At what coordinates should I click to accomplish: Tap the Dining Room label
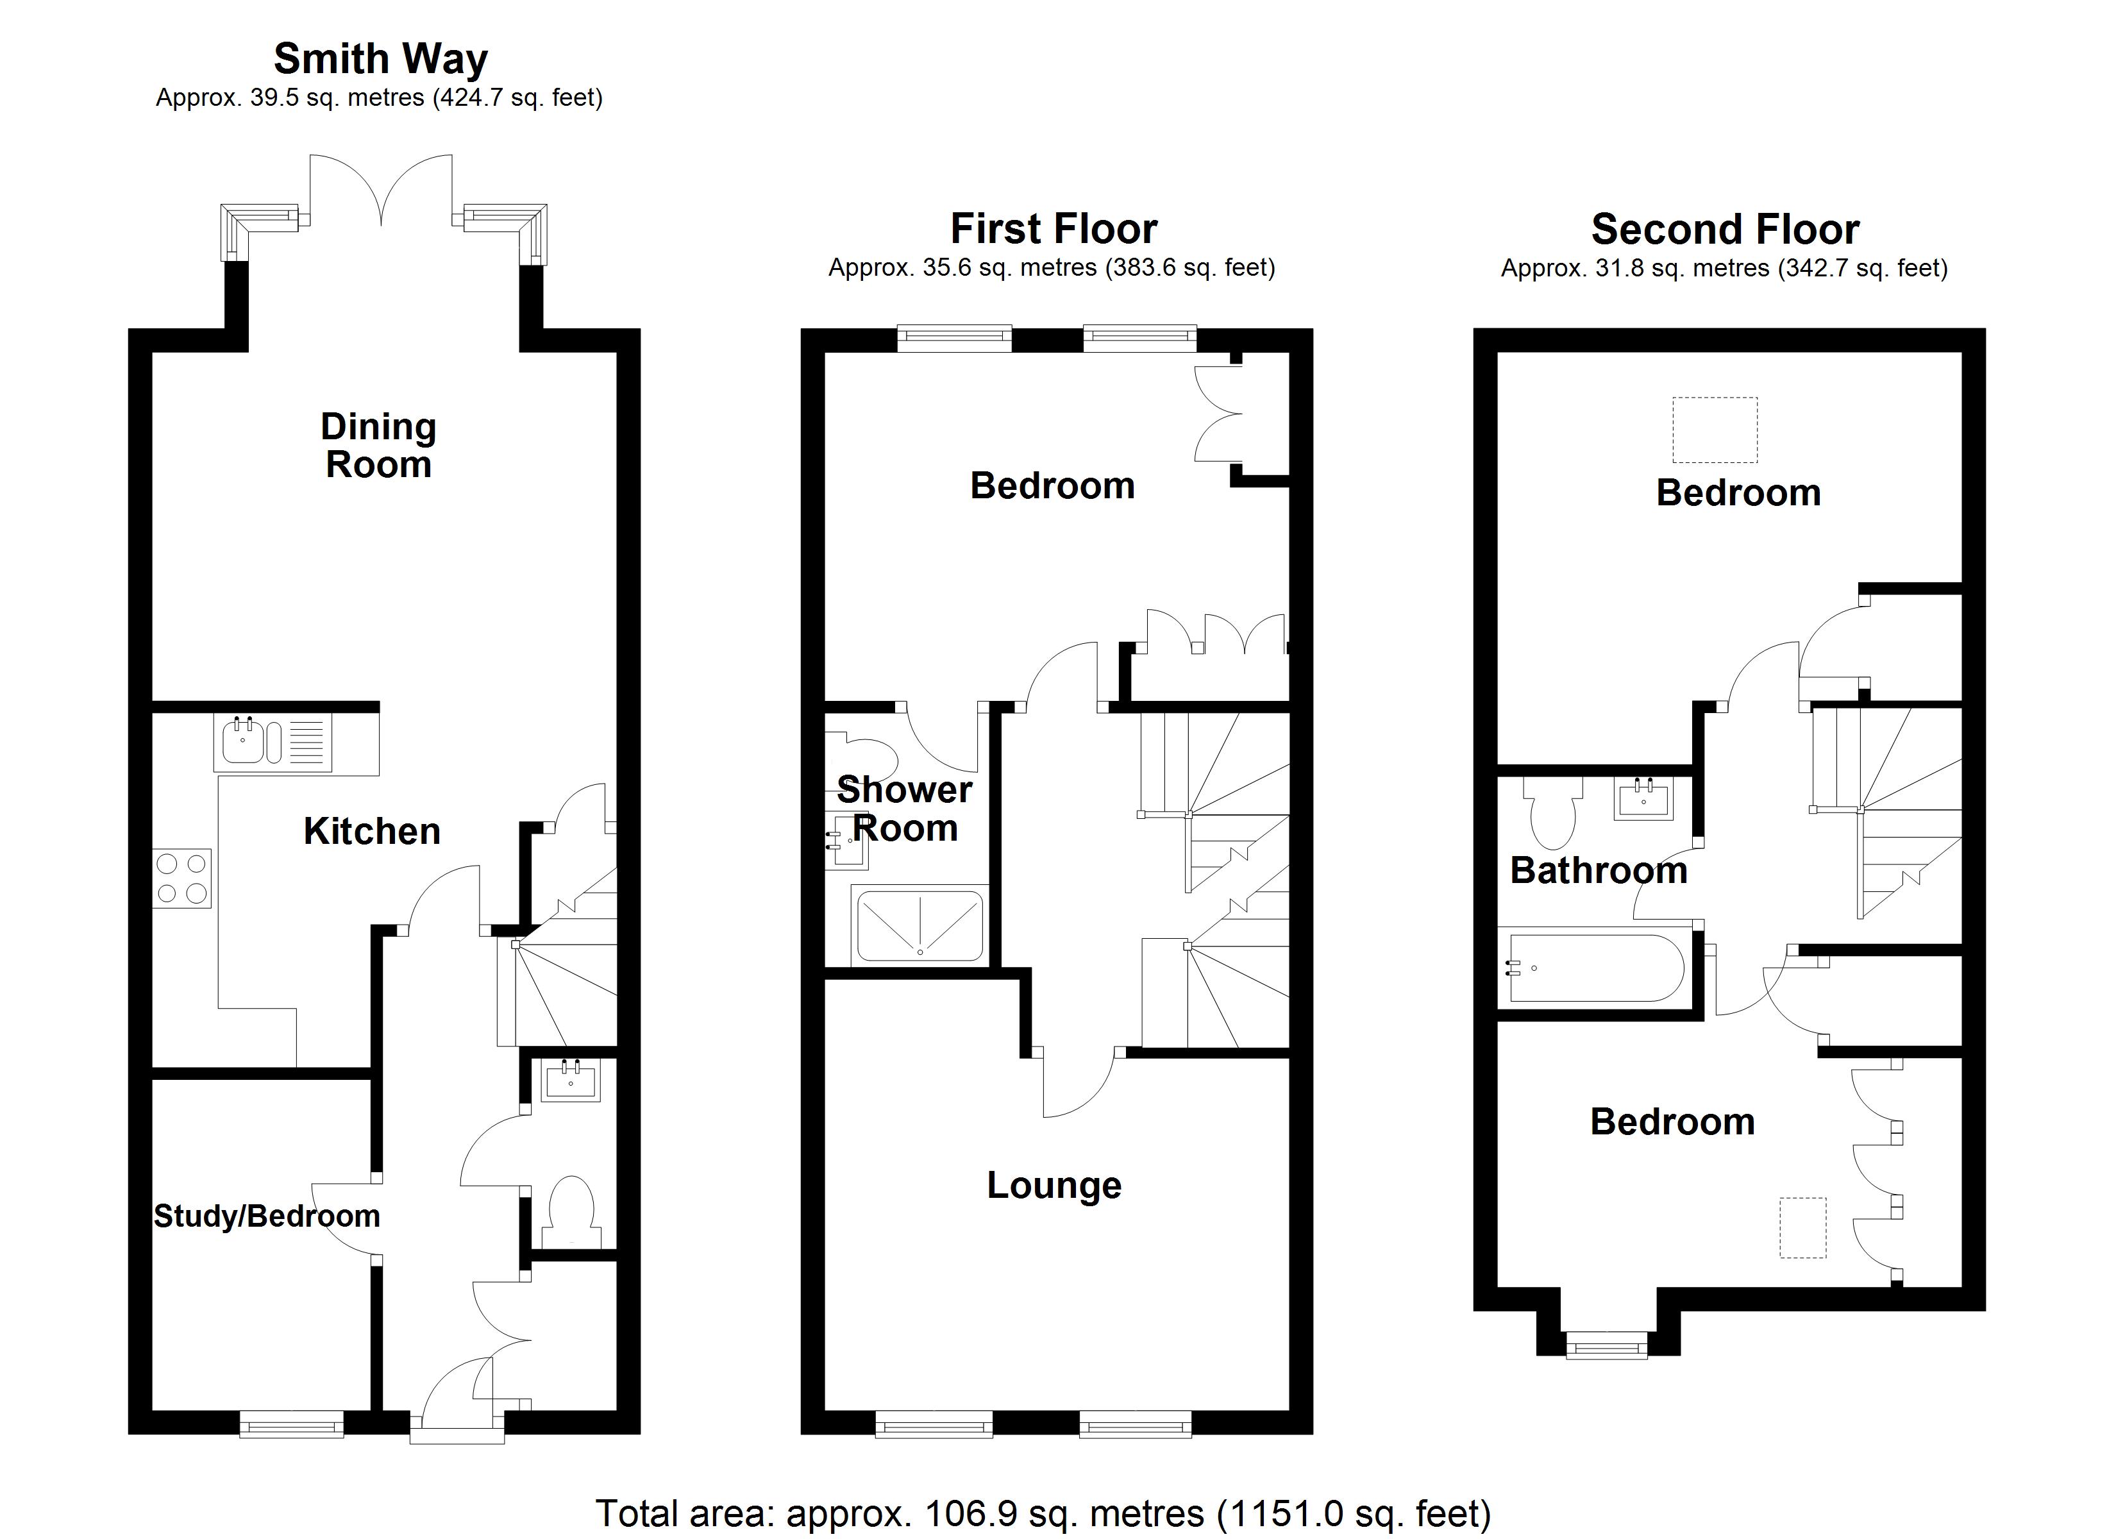pos(378,446)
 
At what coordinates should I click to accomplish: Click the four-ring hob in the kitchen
pos(182,879)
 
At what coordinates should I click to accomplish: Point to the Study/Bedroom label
pos(266,1216)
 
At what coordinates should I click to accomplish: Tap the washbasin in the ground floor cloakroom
pos(571,1080)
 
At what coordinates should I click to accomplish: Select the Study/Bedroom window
pos(292,1424)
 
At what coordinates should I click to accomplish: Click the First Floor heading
pos(1054,229)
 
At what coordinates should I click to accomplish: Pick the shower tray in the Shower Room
pos(919,924)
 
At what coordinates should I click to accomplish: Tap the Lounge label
pos(1054,1185)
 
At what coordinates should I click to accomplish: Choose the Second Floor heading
pos(1724,230)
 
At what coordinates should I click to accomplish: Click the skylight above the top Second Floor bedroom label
pos(1714,429)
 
